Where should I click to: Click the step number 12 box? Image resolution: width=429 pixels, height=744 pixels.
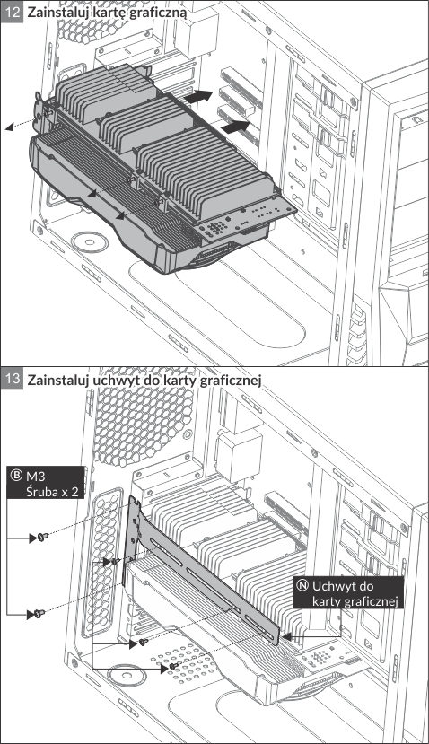(12, 12)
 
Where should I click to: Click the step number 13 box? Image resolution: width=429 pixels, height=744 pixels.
(12, 379)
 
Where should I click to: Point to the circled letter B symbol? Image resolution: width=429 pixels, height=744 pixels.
(17, 476)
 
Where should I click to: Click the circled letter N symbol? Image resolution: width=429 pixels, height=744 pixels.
(302, 585)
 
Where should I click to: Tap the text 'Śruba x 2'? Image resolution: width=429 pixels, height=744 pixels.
(52, 491)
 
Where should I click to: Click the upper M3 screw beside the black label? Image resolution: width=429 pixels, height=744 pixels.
(42, 537)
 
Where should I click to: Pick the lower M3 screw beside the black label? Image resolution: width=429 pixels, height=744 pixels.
(39, 614)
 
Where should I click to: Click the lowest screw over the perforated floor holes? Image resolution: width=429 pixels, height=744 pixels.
(174, 667)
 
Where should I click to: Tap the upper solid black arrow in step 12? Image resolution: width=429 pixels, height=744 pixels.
(198, 96)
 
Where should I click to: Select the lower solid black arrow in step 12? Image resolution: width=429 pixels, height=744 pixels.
(235, 127)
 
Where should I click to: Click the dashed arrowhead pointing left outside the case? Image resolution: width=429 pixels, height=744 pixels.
(9, 127)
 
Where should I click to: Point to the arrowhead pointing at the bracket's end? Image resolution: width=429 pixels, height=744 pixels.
(285, 636)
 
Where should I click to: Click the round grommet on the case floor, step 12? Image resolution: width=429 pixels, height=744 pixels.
(90, 241)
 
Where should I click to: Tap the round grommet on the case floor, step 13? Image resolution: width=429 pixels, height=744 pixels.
(127, 676)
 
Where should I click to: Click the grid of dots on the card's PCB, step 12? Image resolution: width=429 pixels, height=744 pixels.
(217, 227)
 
